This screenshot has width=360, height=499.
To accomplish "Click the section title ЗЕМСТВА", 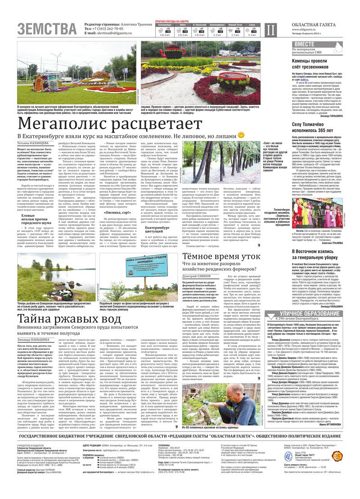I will pos(47,28).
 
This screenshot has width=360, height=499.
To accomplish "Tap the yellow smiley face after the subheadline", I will pos(241,135).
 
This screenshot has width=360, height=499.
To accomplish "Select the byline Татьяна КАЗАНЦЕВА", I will pos(34,143).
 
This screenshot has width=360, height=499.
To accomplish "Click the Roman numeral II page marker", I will pos(270,29).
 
